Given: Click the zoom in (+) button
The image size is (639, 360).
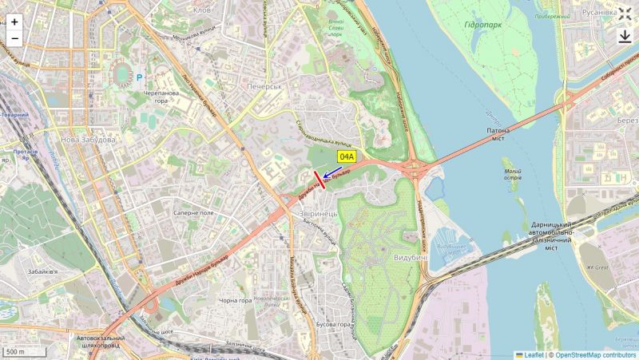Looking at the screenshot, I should (x=14, y=22).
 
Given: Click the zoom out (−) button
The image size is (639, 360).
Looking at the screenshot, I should (x=14, y=38).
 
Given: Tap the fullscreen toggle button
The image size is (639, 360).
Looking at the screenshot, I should (x=625, y=14).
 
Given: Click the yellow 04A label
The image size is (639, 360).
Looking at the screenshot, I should (x=346, y=157).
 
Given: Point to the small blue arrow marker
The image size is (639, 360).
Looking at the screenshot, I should (x=327, y=182).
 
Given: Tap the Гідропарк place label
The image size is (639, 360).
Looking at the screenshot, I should (x=482, y=26).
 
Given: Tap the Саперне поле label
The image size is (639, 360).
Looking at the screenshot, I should (x=194, y=214).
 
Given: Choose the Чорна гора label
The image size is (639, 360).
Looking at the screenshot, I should (x=235, y=301).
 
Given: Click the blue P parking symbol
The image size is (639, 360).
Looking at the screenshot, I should (x=139, y=77).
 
